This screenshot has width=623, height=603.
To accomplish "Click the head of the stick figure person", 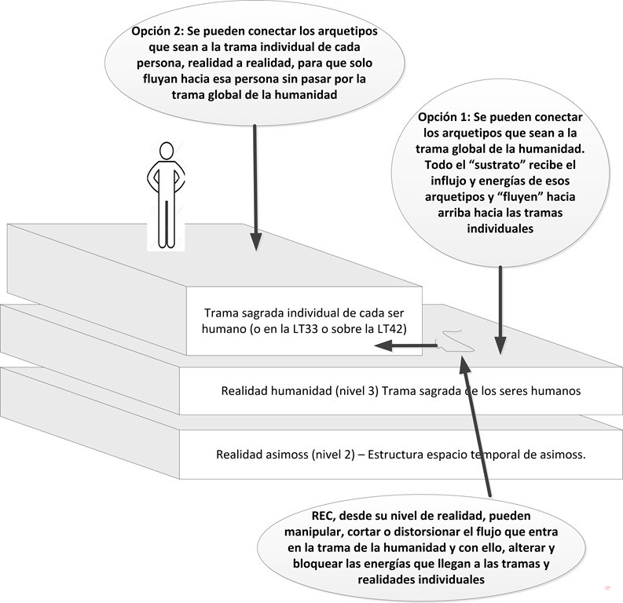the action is (x=167, y=151).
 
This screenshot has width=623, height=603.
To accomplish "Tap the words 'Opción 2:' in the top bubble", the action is (x=157, y=31).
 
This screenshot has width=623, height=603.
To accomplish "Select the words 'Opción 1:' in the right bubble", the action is (x=443, y=117).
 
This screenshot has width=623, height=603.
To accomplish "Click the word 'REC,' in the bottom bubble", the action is (x=324, y=516).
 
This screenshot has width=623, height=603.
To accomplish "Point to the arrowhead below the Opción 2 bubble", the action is (x=256, y=242).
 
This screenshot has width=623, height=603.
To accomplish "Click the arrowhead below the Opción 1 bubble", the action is (x=500, y=345).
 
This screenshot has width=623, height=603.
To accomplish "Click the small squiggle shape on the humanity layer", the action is (x=456, y=341).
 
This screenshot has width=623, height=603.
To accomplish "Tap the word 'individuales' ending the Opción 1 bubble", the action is (x=500, y=228).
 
